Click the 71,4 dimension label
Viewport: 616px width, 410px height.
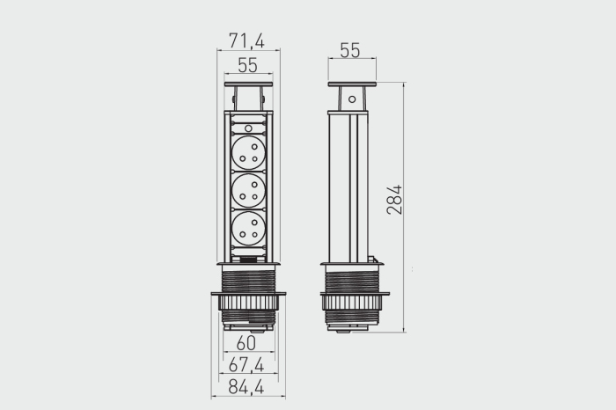click(246, 40)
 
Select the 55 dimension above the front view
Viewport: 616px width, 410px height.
click(247, 65)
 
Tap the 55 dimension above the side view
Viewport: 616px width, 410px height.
click(349, 50)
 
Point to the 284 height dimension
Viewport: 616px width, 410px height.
click(394, 200)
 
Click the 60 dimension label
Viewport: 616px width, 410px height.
click(246, 343)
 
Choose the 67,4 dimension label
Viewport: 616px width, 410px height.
click(246, 365)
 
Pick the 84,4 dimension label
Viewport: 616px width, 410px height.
click(246, 387)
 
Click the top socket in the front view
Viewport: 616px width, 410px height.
click(249, 153)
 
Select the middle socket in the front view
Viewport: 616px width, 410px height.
click(249, 191)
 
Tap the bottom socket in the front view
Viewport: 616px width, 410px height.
click(249, 229)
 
